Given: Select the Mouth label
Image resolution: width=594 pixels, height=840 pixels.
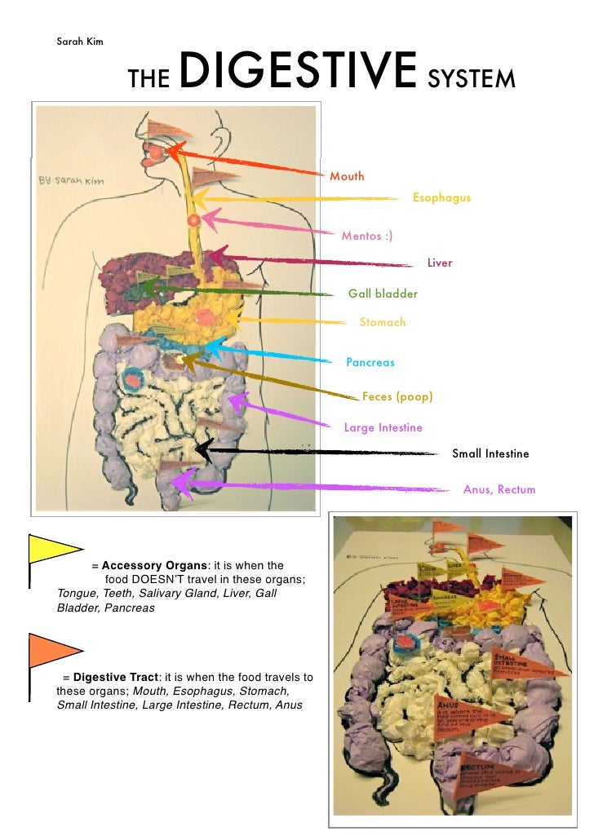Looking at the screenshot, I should click(x=347, y=176).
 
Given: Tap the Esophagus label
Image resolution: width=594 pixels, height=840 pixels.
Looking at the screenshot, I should click(x=441, y=198).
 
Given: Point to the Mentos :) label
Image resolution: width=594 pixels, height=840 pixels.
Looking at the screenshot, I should click(x=366, y=237).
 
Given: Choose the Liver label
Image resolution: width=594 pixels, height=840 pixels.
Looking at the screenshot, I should click(x=439, y=263).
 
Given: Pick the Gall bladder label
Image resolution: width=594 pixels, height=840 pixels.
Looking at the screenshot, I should click(x=383, y=294).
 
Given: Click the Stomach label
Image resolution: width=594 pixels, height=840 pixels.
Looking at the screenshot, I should click(x=382, y=322).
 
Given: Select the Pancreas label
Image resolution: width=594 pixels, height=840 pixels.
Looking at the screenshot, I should click(x=370, y=362).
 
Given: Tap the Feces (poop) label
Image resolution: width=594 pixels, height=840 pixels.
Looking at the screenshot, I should click(x=397, y=397).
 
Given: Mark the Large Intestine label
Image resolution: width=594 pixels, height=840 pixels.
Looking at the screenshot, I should click(x=383, y=427).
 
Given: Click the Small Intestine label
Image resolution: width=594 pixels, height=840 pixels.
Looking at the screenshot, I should click(x=490, y=453).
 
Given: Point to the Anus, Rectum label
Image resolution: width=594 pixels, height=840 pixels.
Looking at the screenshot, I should click(x=499, y=489).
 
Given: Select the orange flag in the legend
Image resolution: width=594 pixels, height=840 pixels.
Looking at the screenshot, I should click(x=53, y=650).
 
